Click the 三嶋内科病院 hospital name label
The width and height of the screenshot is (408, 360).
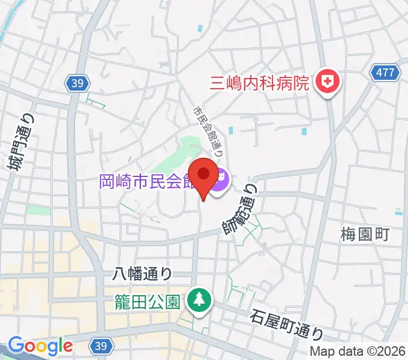click(x=259, y=82)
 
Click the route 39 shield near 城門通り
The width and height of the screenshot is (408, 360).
click(x=77, y=83)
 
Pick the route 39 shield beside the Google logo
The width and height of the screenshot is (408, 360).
click(x=100, y=346)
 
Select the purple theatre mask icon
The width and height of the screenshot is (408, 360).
click(x=218, y=179)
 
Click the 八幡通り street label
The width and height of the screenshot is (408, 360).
click(x=143, y=274)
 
